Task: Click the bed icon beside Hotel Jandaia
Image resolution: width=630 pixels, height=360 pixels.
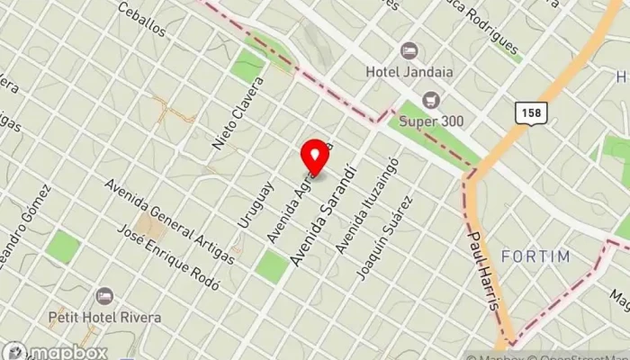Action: pos(409,50)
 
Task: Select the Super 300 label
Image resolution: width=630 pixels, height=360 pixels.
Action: pos(430,120)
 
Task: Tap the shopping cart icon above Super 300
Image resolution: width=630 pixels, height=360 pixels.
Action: pos(430,99)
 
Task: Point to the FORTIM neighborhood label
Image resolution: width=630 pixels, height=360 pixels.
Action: pos(535,256)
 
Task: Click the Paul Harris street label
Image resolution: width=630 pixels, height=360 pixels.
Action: pos(482,271)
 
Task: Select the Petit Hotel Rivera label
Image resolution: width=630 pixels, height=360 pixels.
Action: pos(105,317)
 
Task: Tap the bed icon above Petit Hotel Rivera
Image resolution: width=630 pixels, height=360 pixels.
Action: pos(105,295)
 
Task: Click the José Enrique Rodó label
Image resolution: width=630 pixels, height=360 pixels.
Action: pos(169,256)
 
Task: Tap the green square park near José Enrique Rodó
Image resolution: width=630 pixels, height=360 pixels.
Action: pos(270,265)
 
